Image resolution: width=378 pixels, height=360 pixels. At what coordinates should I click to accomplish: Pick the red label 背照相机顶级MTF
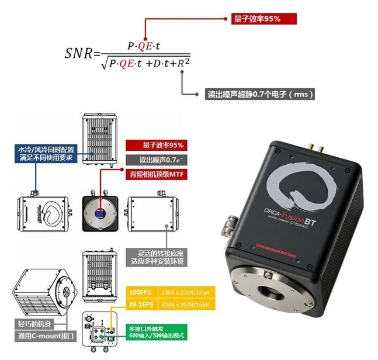click(154, 174)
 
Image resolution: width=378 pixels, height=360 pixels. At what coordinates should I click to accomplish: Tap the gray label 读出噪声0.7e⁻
click(154, 159)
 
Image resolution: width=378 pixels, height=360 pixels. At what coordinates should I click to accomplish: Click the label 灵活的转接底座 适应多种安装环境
click(154, 257)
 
